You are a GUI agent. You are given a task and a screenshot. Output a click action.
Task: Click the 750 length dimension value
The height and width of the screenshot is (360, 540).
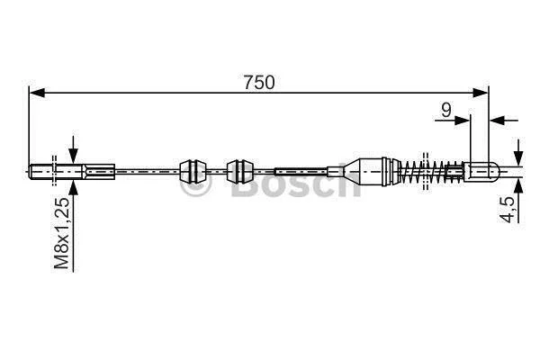point(259,83)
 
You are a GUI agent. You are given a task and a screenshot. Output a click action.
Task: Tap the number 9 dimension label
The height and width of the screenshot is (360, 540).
point(446,110)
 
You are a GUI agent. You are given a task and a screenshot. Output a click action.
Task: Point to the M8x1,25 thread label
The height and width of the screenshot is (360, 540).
point(62,233)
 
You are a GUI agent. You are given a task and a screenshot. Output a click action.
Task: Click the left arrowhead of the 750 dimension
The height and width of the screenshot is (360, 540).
point(37,93)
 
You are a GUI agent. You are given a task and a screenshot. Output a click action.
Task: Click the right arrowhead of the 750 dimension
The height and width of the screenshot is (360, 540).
point(480,93)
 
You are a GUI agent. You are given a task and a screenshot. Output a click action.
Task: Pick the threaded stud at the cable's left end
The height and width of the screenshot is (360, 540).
point(56,171)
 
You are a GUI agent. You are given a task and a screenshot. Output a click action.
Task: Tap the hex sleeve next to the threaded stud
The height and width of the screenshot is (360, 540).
point(99,171)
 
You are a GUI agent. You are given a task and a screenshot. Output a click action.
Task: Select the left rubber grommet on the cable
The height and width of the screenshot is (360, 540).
point(193,171)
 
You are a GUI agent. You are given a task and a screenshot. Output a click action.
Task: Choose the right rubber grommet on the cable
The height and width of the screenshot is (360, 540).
point(240,171)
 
